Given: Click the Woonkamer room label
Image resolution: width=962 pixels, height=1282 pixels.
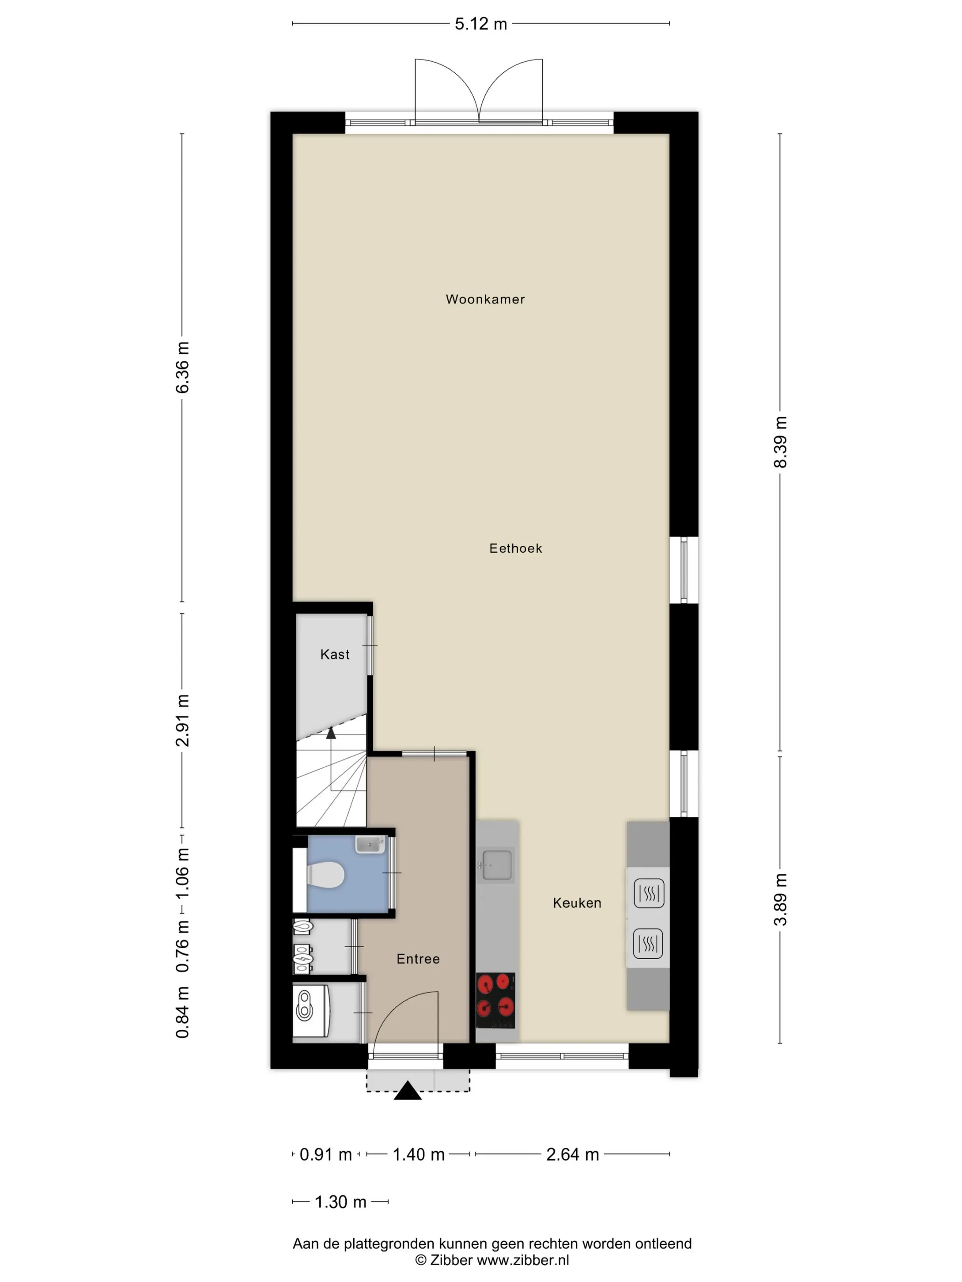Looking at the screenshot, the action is (x=485, y=299).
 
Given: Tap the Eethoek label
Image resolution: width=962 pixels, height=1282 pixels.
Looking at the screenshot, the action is (x=515, y=548).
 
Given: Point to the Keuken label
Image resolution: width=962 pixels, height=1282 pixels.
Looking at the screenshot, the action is (x=576, y=902).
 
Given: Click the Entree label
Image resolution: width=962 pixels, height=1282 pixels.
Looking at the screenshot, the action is (x=418, y=959).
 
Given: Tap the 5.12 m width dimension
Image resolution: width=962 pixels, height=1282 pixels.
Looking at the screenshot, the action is (x=481, y=24).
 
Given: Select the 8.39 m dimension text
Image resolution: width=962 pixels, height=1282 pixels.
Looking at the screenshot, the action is (x=781, y=442).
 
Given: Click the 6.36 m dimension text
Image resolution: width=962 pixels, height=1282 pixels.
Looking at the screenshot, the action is (x=182, y=368).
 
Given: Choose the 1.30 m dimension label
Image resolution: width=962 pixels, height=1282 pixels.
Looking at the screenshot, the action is (x=340, y=1201).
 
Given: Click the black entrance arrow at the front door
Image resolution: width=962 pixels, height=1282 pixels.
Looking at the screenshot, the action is (x=408, y=1090).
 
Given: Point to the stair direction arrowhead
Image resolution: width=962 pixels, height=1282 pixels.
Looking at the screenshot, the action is (x=331, y=733).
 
